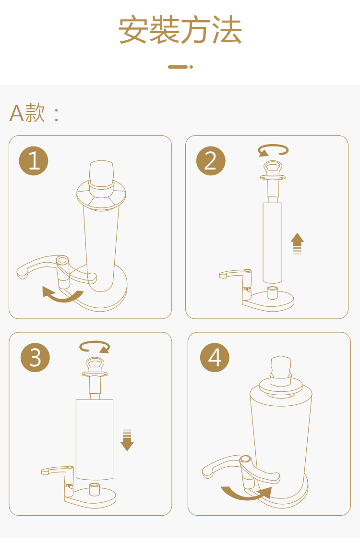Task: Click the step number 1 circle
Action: [x=33, y=160]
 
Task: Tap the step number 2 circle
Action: [x=211, y=160]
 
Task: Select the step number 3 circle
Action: [x=35, y=357]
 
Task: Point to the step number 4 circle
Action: [x=215, y=357]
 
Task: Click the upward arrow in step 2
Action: [x=297, y=243]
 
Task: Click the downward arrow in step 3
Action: [x=127, y=440]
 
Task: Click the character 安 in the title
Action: [x=133, y=30]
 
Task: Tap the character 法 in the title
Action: [x=227, y=30]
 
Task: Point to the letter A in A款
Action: [x=17, y=113]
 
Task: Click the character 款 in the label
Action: [x=35, y=113]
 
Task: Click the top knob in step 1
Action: [x=101, y=174]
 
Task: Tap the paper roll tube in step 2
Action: [x=272, y=242]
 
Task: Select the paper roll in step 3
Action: [x=95, y=440]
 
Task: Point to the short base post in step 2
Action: [x=272, y=292]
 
